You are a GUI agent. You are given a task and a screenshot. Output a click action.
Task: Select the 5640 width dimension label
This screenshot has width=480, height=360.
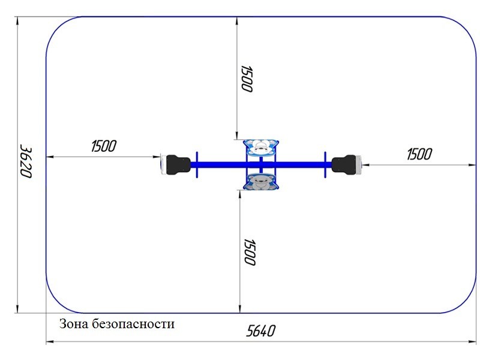click(261, 331)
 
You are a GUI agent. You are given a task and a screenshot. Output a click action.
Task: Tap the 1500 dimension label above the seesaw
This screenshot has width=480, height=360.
click(247, 79)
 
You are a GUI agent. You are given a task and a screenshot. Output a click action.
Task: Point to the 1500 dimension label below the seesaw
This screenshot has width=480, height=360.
click(249, 252)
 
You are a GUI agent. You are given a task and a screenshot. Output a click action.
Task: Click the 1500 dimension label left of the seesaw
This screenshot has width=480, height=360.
click(104, 146)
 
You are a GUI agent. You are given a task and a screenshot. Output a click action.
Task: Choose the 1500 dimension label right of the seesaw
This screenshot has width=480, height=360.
click(419, 154)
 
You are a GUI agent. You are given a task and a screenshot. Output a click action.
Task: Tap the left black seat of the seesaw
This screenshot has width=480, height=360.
click(178, 165)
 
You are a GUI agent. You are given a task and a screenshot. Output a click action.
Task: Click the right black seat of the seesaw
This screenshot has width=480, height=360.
click(343, 165)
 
